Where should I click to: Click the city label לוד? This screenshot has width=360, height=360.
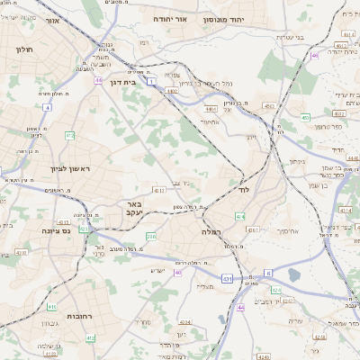pyautogui.click(x=243, y=191)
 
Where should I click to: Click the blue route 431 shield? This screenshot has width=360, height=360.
pyautogui.click(x=227, y=279)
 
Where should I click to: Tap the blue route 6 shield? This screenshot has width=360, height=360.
pyautogui.click(x=267, y=273)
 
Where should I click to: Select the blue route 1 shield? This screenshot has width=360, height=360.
pyautogui.click(x=153, y=81)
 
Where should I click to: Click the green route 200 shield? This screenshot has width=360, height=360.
pyautogui.click(x=151, y=236)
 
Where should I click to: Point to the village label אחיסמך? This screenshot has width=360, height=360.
pyautogui.click(x=265, y=230)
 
